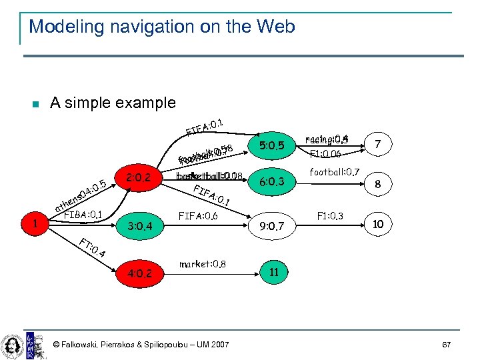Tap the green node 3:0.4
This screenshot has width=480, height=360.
141,227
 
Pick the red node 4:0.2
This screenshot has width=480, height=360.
140,273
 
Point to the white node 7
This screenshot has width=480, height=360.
378,144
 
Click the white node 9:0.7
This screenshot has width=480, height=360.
272,227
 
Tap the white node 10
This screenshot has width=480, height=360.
378,225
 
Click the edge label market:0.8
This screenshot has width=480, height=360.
203,264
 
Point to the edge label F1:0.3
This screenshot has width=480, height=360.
330,216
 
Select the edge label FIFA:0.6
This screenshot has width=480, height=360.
198,215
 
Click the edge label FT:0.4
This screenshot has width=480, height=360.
93,249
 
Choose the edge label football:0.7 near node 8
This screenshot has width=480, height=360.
335,172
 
